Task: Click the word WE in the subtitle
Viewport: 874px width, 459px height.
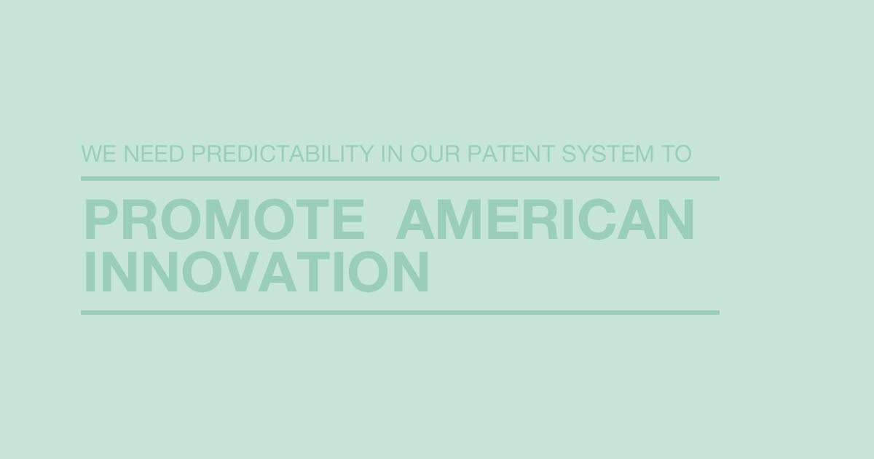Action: click(99, 154)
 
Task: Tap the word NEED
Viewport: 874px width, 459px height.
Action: click(154, 154)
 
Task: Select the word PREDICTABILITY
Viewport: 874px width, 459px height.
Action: click(283, 154)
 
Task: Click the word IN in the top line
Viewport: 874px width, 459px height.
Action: click(392, 154)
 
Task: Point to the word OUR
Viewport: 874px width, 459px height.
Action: click(435, 154)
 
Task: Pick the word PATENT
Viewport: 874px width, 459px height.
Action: click(511, 154)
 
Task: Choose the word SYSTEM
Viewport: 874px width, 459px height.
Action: click(607, 154)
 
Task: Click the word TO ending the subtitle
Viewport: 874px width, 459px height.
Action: click(676, 154)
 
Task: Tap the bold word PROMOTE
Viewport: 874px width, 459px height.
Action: click(224, 219)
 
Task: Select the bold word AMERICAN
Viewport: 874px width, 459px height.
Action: click(545, 219)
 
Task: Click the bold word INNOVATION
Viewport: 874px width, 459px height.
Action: click(256, 271)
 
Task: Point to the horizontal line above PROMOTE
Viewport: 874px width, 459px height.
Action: click(400, 178)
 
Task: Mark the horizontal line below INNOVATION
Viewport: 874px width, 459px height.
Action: click(400, 313)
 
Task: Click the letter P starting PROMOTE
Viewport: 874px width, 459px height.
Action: click(101, 219)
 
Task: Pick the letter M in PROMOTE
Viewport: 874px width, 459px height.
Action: click(228, 219)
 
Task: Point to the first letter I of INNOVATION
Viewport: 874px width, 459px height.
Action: click(90, 271)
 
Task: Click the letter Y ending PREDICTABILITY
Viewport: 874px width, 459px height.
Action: click(363, 154)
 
